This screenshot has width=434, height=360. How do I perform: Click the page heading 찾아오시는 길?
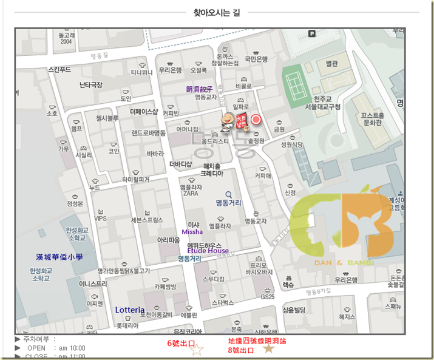click(216, 12)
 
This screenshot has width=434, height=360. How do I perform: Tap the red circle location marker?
click(256, 120)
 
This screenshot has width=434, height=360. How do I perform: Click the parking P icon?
click(312, 34)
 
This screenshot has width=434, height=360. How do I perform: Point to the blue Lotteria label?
click(130, 310)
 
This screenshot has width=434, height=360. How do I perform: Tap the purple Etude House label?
click(208, 250)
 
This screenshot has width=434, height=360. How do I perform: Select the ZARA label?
click(189, 194)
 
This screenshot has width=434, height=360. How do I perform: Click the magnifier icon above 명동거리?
click(228, 195)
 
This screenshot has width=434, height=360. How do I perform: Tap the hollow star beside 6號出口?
click(197, 350)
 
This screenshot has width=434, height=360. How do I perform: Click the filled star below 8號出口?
click(268, 349)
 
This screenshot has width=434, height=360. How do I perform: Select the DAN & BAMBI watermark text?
click(344, 262)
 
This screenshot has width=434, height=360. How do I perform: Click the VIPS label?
click(100, 219)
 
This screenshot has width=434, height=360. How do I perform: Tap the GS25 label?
click(268, 297)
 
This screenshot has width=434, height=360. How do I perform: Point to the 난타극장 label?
click(91, 84)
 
